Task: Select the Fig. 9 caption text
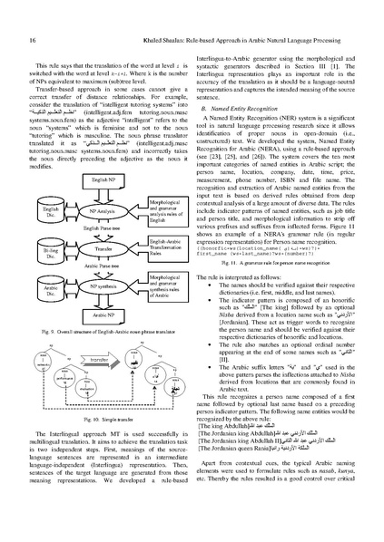click(x=95, y=359)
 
